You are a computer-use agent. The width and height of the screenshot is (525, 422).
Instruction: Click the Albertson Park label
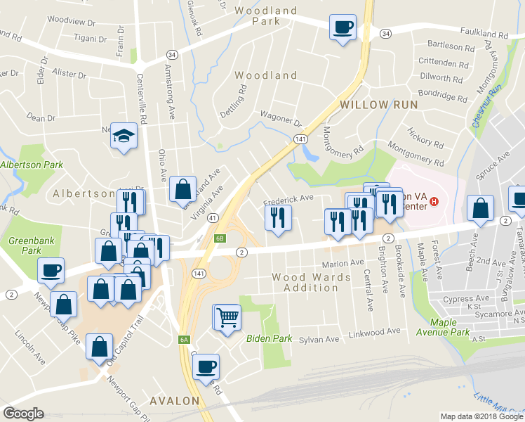click(32, 165)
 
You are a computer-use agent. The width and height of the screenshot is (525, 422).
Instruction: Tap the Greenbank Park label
click(25, 245)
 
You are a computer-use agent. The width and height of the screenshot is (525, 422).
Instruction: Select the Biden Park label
click(269, 338)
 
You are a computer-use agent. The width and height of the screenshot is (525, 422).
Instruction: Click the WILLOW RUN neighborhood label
click(379, 105)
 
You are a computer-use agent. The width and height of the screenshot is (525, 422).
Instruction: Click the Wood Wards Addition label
click(312, 283)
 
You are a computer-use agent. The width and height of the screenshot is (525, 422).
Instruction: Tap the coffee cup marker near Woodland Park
click(343, 28)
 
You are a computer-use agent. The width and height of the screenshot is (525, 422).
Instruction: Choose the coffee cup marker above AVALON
click(206, 366)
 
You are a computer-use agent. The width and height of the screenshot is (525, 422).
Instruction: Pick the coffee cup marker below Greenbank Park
click(52, 270)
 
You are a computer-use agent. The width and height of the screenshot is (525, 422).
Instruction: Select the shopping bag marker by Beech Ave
click(480, 208)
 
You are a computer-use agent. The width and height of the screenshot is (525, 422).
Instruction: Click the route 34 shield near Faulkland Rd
click(385, 33)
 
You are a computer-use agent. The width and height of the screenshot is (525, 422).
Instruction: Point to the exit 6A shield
click(184, 340)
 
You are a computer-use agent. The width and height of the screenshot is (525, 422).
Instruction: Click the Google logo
click(23, 414)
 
